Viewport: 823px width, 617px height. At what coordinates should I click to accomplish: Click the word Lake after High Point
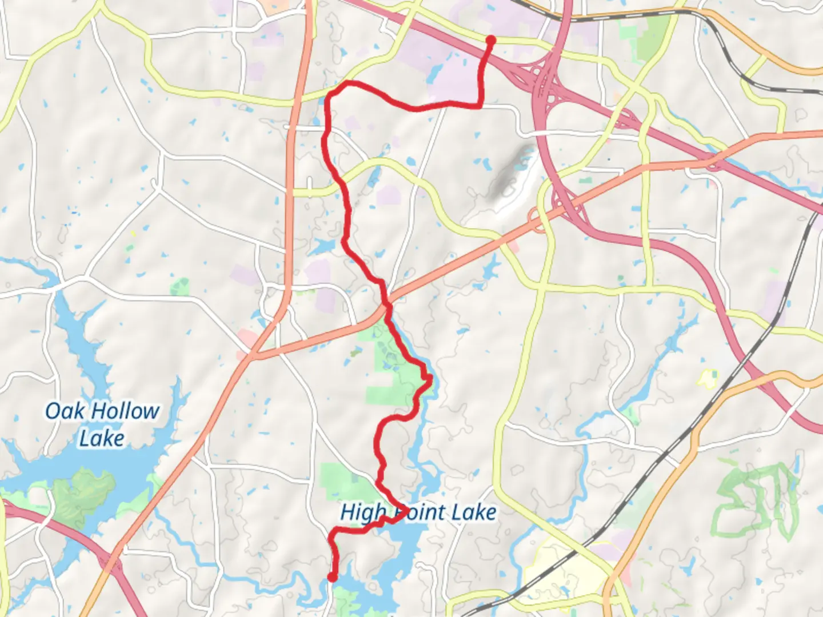[472, 512]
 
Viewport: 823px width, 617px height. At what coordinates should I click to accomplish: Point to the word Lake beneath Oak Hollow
[102, 439]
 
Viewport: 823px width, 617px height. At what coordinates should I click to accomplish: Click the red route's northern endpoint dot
[490, 39]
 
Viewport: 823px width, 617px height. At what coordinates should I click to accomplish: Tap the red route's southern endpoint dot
[331, 578]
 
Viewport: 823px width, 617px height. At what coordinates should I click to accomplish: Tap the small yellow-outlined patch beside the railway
[708, 379]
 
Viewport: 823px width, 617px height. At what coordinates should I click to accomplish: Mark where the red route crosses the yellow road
[341, 182]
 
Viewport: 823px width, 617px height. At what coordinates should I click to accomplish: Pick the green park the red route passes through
[389, 360]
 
